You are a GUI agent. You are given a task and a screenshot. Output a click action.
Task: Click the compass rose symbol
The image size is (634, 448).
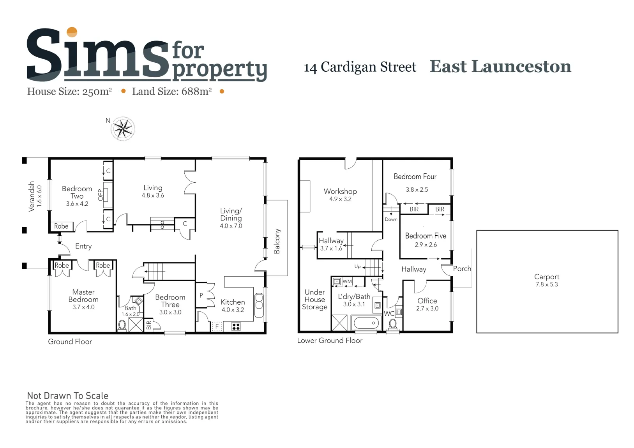[123, 129]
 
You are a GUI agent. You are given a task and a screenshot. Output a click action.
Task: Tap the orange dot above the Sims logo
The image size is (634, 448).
[72, 32]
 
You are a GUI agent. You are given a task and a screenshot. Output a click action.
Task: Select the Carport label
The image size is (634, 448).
[547, 277]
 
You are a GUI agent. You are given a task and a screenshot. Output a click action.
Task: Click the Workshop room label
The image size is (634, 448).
[340, 191]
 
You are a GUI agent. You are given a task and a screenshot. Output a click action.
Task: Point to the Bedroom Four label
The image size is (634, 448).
[415, 176]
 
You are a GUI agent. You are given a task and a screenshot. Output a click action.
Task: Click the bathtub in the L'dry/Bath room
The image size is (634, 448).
[366, 323]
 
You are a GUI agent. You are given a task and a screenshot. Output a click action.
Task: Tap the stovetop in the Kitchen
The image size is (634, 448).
[236, 326]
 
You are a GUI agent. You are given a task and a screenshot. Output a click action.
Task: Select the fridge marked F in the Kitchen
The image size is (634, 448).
[217, 326]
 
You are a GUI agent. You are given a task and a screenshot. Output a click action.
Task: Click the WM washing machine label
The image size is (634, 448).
[347, 281]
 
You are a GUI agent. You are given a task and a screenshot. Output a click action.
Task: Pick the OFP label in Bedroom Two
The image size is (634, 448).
[101, 195]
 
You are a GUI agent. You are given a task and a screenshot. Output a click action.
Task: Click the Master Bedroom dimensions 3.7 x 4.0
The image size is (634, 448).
[83, 307]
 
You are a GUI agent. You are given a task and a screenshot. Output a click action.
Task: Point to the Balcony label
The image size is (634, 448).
[277, 241]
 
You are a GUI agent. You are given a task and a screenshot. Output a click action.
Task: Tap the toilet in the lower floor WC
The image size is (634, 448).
[393, 325]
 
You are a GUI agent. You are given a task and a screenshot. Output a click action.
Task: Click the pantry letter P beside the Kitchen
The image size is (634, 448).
[201, 295]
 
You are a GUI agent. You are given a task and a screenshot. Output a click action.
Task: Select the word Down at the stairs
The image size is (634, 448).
[391, 219]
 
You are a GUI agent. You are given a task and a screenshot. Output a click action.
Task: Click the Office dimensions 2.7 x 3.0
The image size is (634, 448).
[427, 309]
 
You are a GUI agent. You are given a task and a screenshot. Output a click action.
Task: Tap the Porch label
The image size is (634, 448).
[462, 268]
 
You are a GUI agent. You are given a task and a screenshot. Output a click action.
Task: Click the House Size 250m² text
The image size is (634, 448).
[69, 92]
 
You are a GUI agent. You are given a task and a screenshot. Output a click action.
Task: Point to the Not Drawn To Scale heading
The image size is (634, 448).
[68, 396]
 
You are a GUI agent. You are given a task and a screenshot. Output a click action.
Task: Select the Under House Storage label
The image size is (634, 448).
[315, 300]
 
